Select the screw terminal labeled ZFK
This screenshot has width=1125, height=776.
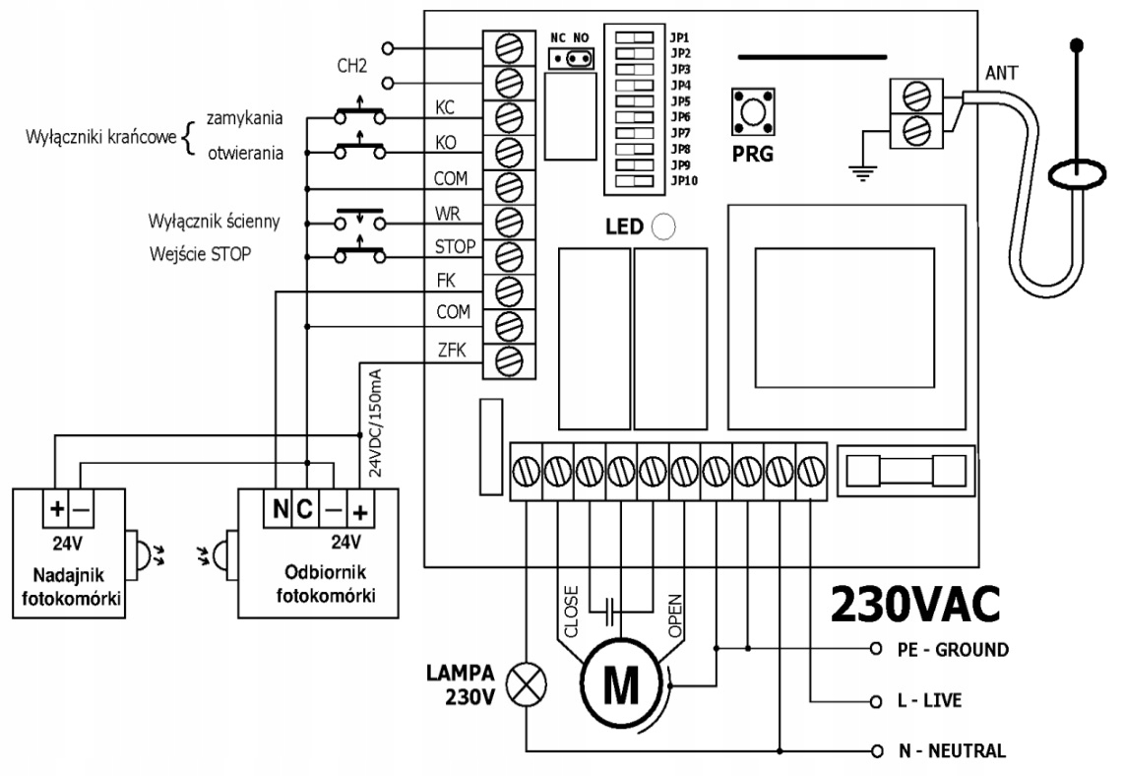coord(509,358)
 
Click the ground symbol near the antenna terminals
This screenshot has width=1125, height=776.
coord(863,171)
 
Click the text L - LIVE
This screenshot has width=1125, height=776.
coord(929,700)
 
